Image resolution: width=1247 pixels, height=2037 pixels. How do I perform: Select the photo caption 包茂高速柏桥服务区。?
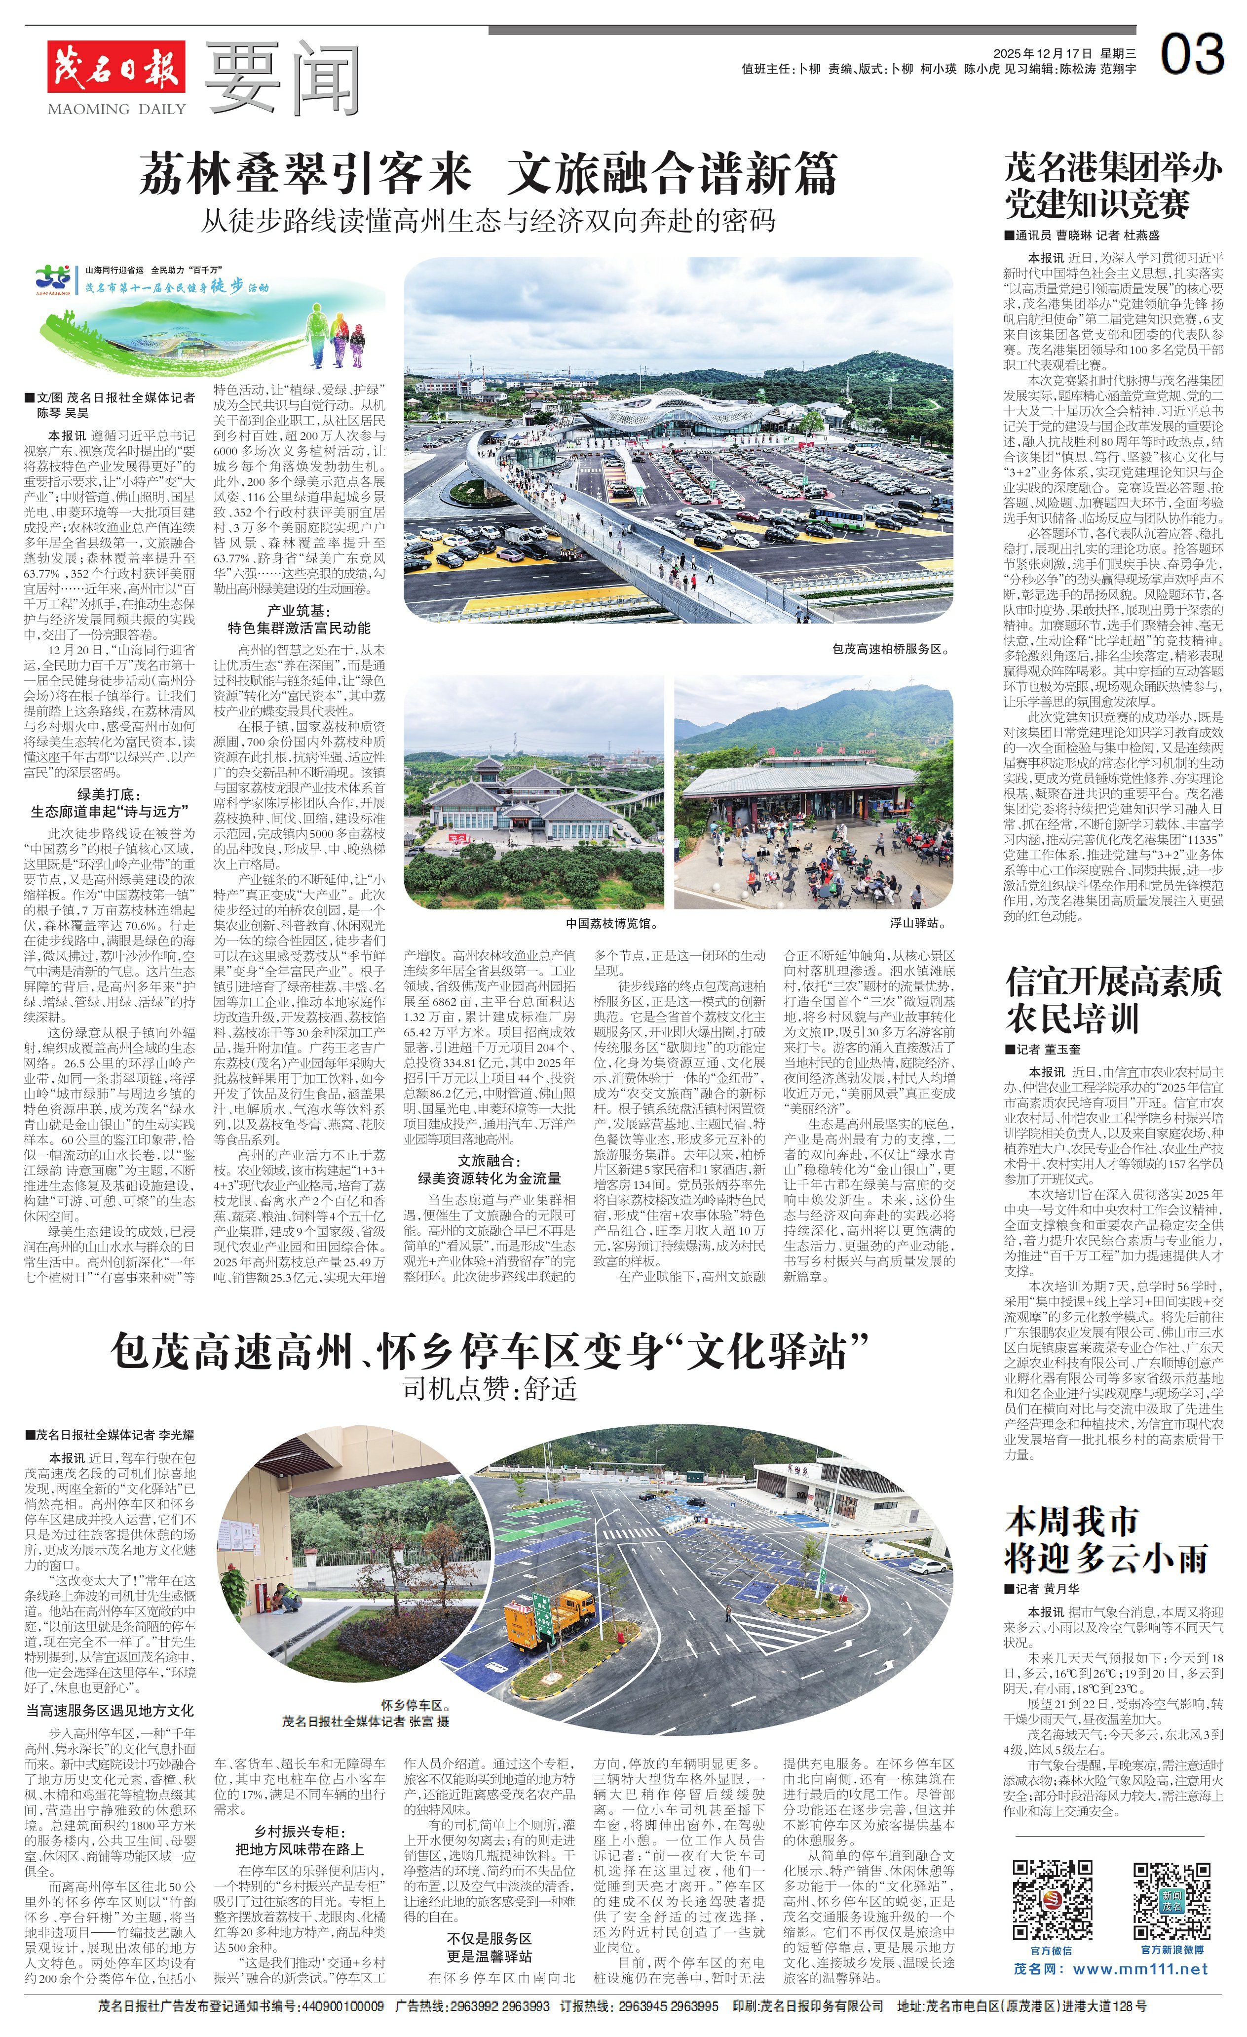[x=890, y=649]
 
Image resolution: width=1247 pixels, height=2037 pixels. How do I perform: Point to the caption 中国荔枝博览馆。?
[x=611, y=923]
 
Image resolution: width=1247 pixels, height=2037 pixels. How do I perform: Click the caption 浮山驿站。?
[x=917, y=923]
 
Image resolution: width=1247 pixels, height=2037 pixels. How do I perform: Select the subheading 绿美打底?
[x=109, y=794]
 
